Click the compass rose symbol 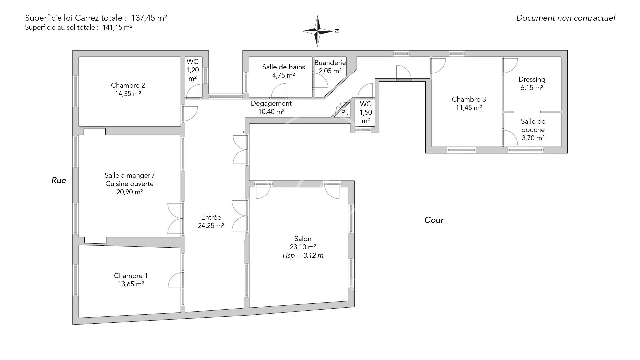(x=318, y=31)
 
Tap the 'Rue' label (x=59, y=180)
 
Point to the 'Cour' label (x=434, y=220)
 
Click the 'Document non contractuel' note (x=566, y=18)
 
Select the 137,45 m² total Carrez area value (x=149, y=18)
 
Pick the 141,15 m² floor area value (x=117, y=28)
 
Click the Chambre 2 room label (x=128, y=85)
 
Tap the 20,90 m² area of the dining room (x=130, y=192)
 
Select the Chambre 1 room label (x=131, y=276)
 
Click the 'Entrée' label (x=211, y=217)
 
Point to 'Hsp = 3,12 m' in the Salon (x=303, y=256)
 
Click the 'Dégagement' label (x=271, y=104)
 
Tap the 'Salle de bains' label (x=284, y=67)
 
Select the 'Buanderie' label (x=330, y=63)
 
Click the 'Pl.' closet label (x=345, y=113)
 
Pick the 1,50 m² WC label (x=366, y=112)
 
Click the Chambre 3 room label (x=469, y=99)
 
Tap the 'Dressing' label (x=532, y=80)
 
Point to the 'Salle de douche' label (x=533, y=126)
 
